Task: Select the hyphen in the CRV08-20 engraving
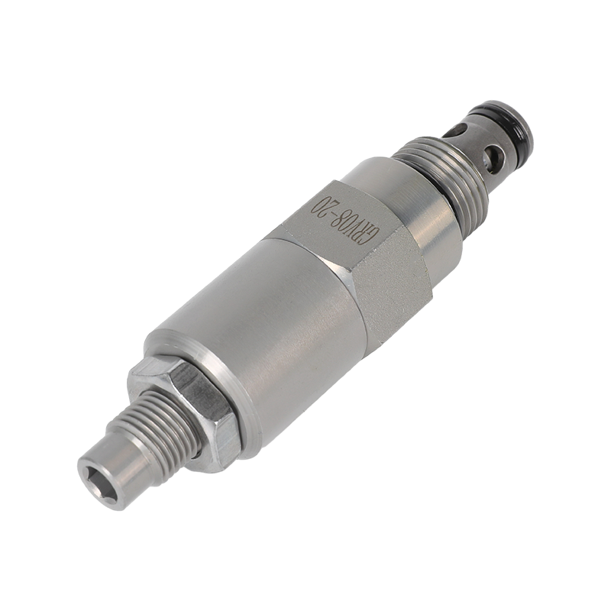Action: [x=331, y=214]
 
